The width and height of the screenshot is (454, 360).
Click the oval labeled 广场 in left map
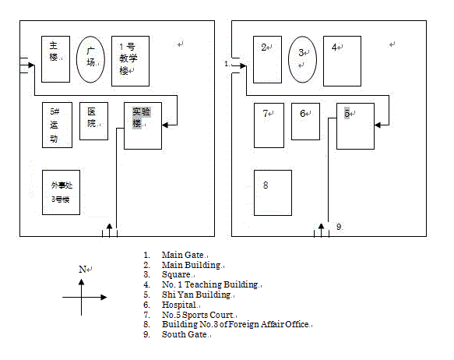[x=76, y=59]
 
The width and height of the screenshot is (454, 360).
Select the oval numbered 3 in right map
[x=288, y=59]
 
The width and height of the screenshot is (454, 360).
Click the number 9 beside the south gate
[x=339, y=227]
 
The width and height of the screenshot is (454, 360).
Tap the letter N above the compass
[x=83, y=270]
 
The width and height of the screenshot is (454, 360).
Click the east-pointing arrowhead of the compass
[x=104, y=297]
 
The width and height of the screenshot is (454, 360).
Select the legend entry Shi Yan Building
[x=196, y=295]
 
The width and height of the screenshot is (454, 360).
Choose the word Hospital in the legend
[x=179, y=305]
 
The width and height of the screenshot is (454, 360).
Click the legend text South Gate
[x=184, y=334]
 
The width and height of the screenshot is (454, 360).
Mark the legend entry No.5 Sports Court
[x=198, y=315]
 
